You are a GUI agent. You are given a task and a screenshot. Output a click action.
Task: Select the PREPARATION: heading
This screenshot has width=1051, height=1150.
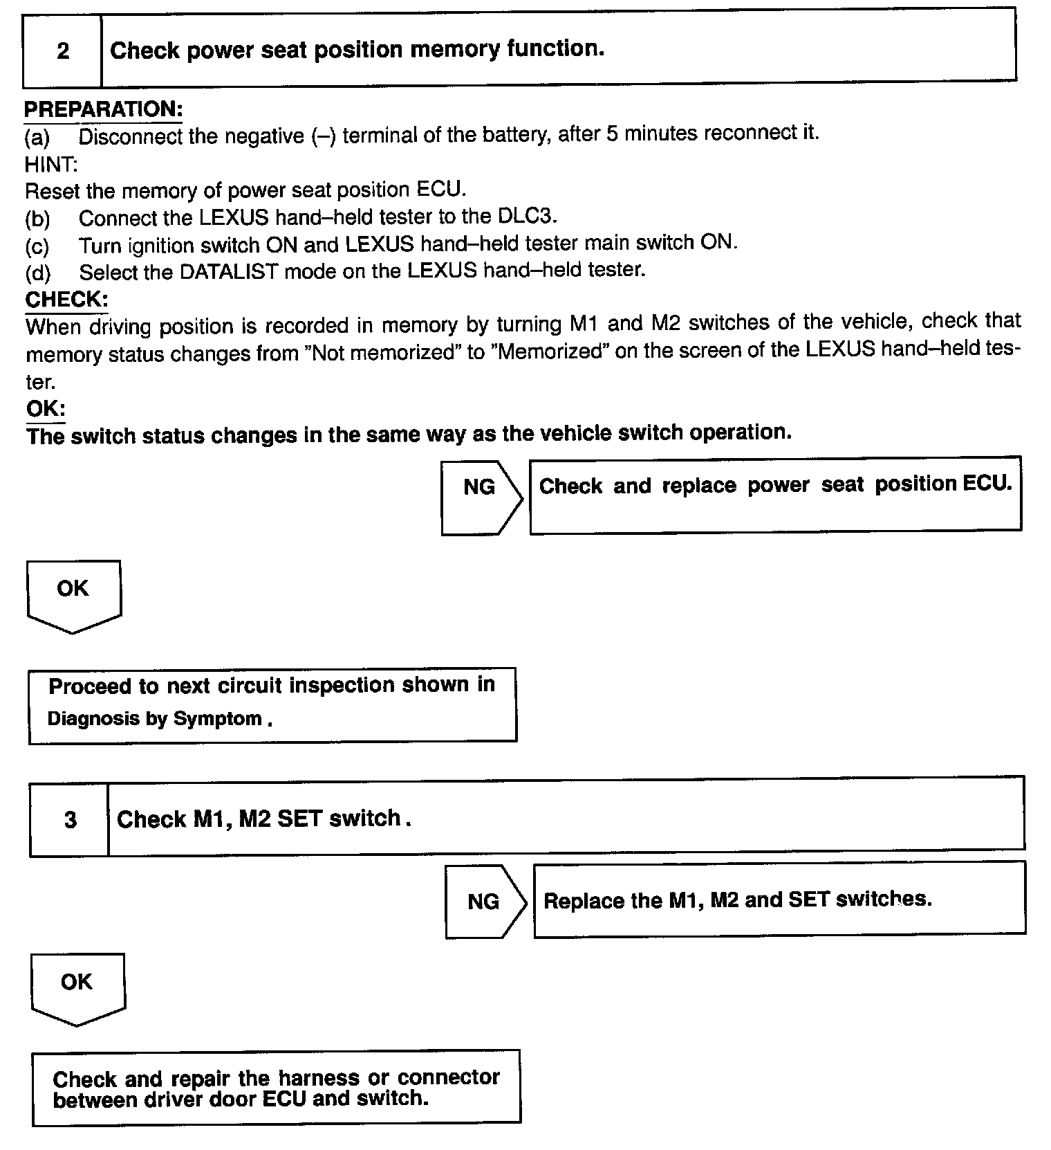point(103,109)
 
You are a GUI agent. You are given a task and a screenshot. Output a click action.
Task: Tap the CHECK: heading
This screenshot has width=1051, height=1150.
point(66,300)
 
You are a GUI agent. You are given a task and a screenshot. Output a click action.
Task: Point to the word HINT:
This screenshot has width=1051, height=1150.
point(51,164)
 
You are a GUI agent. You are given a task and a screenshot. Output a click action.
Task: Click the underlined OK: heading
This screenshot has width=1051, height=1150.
point(46,408)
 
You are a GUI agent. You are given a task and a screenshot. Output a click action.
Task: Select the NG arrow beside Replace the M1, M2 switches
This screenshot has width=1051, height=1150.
point(484,902)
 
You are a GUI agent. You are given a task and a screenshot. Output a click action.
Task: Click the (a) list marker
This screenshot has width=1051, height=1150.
point(37,138)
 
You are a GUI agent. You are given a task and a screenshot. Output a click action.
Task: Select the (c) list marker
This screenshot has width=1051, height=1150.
point(37,246)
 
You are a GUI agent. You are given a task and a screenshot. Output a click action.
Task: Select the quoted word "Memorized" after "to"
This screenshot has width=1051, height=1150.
point(550,352)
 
